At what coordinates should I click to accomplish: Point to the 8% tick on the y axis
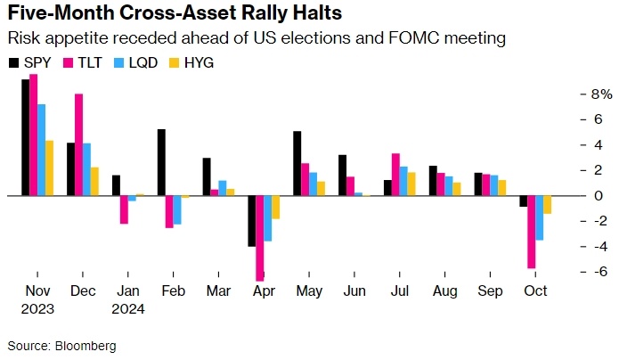point(576,94)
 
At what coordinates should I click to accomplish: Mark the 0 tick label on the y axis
point(574,195)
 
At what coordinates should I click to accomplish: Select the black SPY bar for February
point(161,162)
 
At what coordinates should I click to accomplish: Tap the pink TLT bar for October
point(532,232)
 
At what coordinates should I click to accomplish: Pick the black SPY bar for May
point(297,163)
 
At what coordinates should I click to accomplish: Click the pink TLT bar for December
point(79,144)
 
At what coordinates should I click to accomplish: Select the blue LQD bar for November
point(41,150)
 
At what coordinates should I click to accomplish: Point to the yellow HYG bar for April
point(276,207)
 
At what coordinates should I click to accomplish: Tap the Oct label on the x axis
point(534,291)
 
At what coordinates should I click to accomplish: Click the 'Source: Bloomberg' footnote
point(62,345)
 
